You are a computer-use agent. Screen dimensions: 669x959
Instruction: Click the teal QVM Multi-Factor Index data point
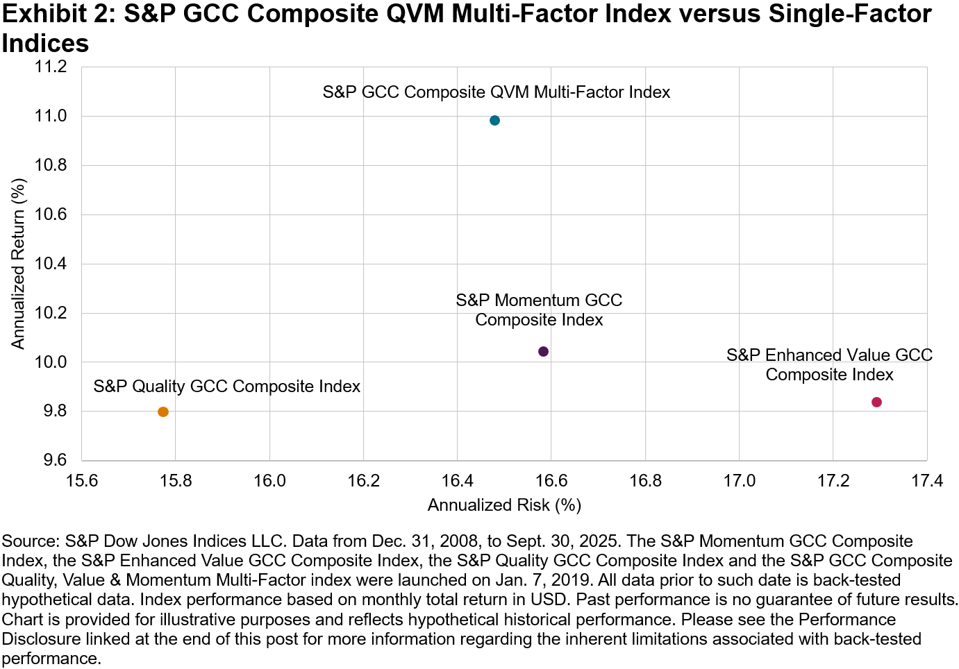tap(494, 120)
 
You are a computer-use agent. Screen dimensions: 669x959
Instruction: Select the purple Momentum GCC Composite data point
tap(543, 351)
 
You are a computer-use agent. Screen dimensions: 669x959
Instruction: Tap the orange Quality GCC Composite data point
tap(163, 412)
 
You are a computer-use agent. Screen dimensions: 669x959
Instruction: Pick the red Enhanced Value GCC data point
tap(876, 402)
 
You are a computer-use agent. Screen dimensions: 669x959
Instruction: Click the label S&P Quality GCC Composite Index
tap(226, 386)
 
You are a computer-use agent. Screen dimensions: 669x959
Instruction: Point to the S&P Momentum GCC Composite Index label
tap(539, 310)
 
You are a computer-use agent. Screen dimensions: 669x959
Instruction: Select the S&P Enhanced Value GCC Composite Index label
tap(829, 364)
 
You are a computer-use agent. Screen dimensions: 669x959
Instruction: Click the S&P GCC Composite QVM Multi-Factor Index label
tap(496, 92)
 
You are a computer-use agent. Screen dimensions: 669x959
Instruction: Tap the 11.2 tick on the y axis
tap(51, 67)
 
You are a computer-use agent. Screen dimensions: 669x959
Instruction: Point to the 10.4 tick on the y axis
tap(51, 264)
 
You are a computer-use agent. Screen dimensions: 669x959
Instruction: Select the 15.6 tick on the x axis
tap(81, 481)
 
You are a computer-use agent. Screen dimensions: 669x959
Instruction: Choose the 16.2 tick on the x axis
tap(363, 481)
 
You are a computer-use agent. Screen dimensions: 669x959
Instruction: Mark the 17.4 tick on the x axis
tap(926, 481)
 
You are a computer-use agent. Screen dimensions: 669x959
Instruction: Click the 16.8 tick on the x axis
tap(645, 481)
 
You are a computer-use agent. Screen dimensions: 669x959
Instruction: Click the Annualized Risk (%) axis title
tap(504, 505)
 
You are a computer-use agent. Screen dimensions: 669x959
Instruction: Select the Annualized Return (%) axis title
tap(18, 264)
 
